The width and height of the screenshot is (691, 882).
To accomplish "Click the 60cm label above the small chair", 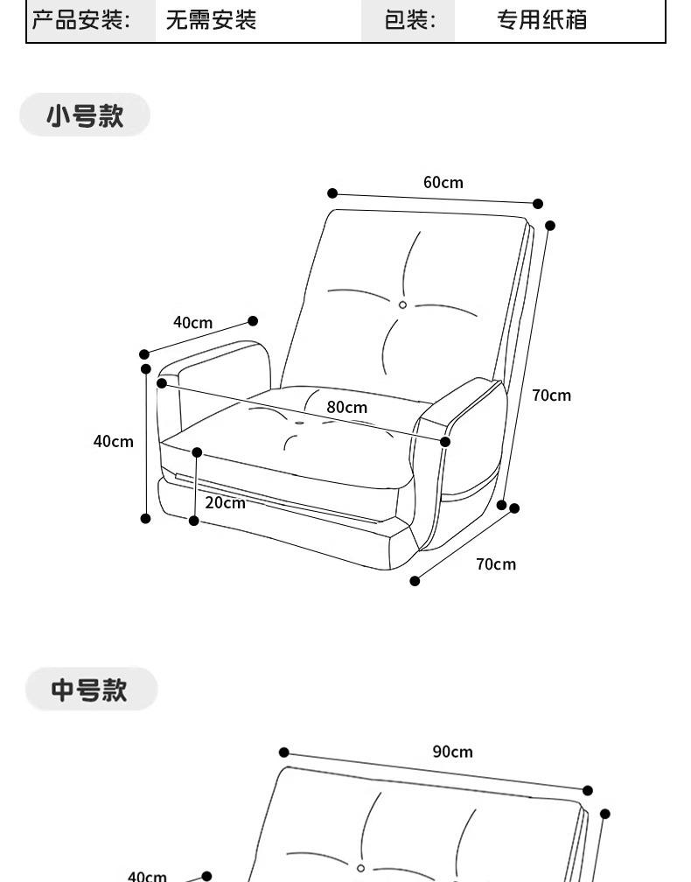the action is click(443, 183).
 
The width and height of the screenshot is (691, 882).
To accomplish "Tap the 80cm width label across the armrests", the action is click(347, 407).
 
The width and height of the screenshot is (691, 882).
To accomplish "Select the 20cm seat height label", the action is click(225, 502).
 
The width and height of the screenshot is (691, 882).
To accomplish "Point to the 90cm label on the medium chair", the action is click(452, 752).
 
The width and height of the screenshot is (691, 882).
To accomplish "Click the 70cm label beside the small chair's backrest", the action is click(551, 395).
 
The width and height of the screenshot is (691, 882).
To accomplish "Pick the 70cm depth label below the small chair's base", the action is click(496, 564).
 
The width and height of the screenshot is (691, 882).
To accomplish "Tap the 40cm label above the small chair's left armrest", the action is click(192, 323).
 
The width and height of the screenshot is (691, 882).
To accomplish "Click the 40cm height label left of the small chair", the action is click(114, 442).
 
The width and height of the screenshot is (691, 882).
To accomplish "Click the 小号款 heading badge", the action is click(85, 115).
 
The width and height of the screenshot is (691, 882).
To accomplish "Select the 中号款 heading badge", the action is click(90, 689).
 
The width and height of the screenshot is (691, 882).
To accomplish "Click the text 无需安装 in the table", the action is click(211, 20).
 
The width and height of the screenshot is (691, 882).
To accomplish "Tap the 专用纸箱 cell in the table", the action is click(541, 20).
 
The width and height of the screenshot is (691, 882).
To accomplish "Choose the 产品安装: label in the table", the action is click(81, 20).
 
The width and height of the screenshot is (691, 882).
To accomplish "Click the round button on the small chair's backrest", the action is click(402, 304).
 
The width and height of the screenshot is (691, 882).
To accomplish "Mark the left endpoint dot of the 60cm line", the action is click(332, 193).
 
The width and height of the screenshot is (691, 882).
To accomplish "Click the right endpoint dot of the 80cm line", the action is click(445, 442).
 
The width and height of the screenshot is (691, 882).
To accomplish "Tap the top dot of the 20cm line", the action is click(197, 452).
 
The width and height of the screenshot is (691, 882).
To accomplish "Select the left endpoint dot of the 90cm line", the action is click(284, 752).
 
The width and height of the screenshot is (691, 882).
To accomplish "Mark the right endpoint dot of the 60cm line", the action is click(538, 204).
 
